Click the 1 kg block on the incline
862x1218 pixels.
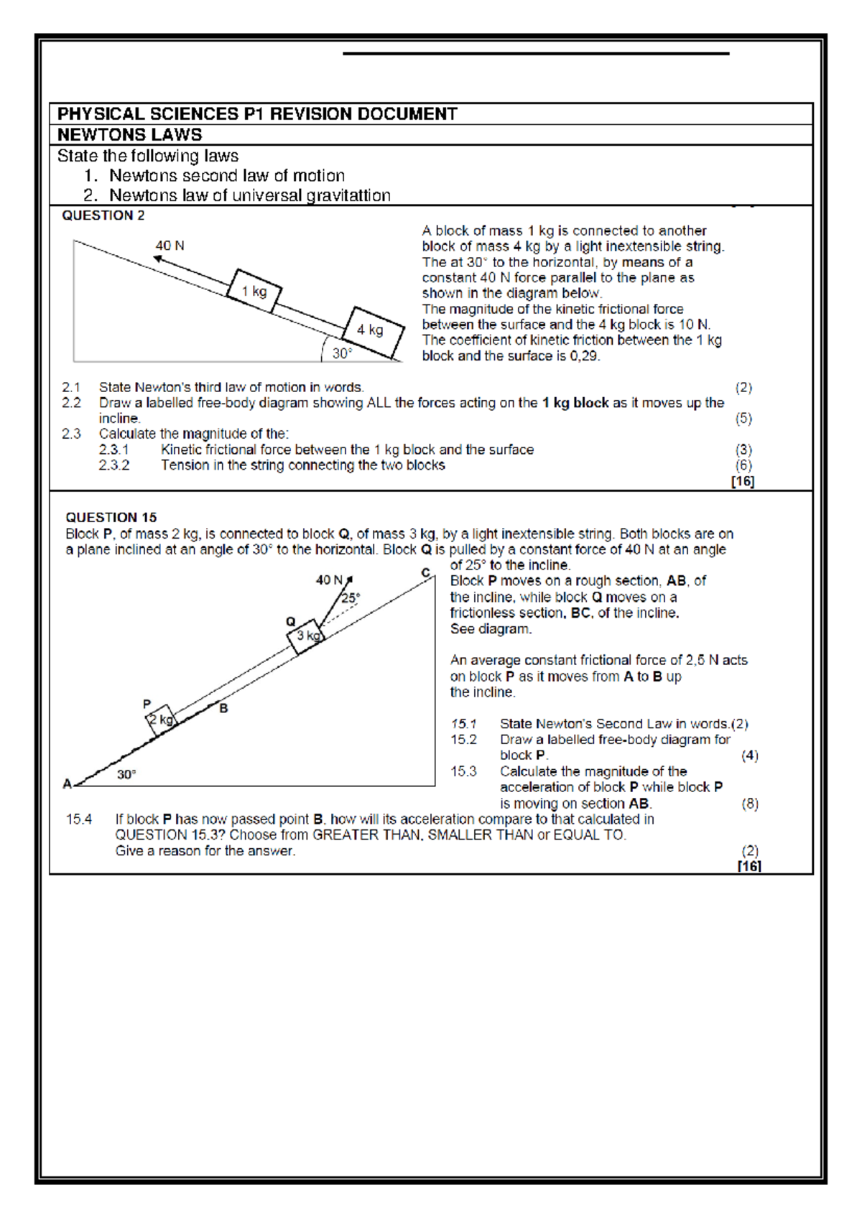coord(254,291)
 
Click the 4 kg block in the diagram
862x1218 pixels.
coord(373,331)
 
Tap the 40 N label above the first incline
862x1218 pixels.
coord(170,246)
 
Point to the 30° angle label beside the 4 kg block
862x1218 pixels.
coord(342,353)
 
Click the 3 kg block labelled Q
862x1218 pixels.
coord(307,636)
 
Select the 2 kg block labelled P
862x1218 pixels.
coord(161,720)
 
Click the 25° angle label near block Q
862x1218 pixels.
coord(351,598)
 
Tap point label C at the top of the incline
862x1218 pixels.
coord(425,572)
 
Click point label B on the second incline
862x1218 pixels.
coord(223,708)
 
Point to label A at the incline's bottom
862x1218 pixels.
coord(67,784)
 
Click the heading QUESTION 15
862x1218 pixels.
coord(111,517)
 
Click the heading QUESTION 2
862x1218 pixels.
coord(103,215)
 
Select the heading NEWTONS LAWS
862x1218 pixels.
coord(129,135)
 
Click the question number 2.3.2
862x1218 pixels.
coord(114,465)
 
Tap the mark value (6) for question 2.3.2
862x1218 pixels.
coord(743,465)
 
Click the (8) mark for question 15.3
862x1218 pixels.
coord(749,804)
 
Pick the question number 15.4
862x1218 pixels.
coord(79,819)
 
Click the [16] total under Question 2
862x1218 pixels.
coord(742,481)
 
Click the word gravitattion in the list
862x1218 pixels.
coord(348,195)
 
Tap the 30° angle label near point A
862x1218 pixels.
coord(126,774)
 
